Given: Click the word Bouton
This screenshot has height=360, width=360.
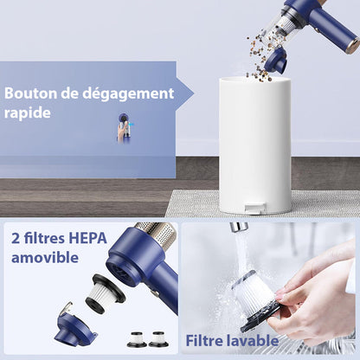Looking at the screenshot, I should [x=32, y=93].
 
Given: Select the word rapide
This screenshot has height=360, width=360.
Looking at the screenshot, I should [x=29, y=113].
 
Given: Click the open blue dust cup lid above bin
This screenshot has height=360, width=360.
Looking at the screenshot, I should [x=276, y=60].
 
